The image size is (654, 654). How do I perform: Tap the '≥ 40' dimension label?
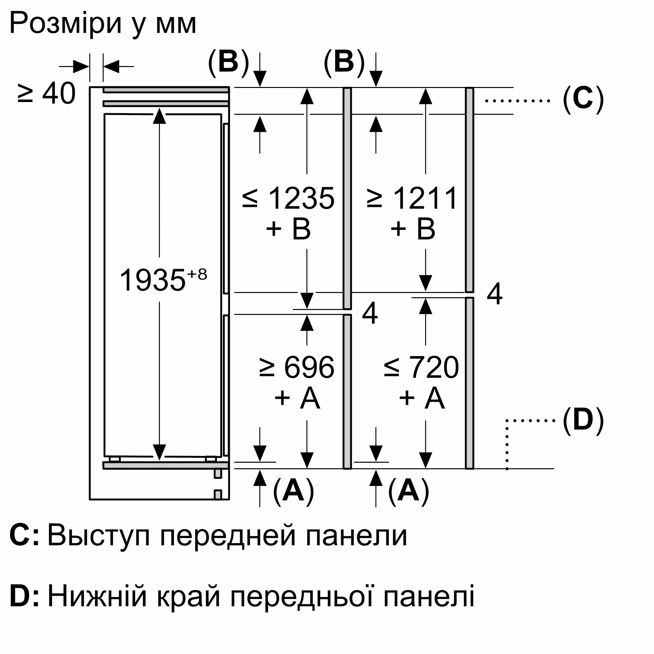[46, 94]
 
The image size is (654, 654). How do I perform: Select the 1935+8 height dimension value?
[163, 280]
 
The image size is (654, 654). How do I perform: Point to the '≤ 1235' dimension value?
[288, 198]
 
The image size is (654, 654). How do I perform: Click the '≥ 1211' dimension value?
[413, 198]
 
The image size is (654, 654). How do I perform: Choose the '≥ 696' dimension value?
[297, 367]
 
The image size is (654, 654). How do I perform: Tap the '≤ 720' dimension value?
[422, 367]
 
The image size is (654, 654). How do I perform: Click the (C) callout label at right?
[583, 100]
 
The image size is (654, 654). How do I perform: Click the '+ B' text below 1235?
[288, 229]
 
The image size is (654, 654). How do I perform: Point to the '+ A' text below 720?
[422, 398]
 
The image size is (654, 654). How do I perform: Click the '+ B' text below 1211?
[413, 229]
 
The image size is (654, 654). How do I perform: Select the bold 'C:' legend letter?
[25, 535]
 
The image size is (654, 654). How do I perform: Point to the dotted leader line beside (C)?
[518, 100]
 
